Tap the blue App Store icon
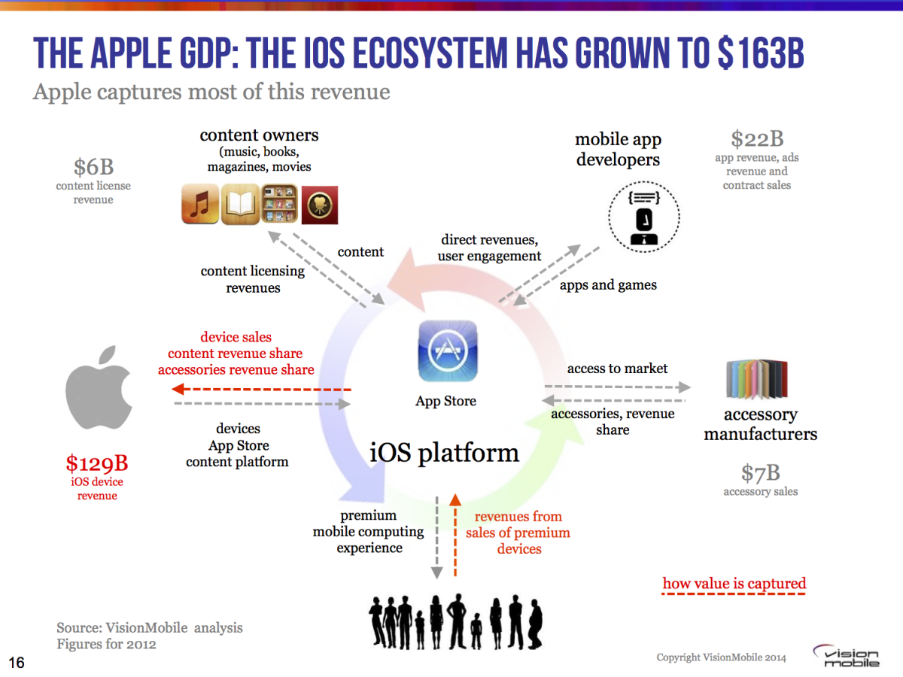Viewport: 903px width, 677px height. point(448,351)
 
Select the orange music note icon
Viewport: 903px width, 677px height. point(200,204)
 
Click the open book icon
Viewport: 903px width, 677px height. point(240,204)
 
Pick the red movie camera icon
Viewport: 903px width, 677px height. point(320,205)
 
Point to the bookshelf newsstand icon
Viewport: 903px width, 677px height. point(280,203)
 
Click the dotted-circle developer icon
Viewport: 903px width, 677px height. point(644,217)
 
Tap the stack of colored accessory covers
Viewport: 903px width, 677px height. point(757,379)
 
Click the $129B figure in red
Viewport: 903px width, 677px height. point(97,463)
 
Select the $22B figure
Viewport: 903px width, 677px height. point(757,139)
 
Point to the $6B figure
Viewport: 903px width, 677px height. point(94,167)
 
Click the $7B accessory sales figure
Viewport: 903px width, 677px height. point(761,472)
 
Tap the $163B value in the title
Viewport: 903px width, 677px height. point(761,53)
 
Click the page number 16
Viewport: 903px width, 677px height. point(17,662)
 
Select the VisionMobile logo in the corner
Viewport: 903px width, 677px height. point(846,656)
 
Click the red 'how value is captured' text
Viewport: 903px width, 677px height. point(734,583)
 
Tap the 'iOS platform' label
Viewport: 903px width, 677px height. point(444,453)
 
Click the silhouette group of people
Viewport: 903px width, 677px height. point(455,621)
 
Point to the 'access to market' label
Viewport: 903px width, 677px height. point(617,369)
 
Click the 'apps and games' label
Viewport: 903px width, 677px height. point(608,285)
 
